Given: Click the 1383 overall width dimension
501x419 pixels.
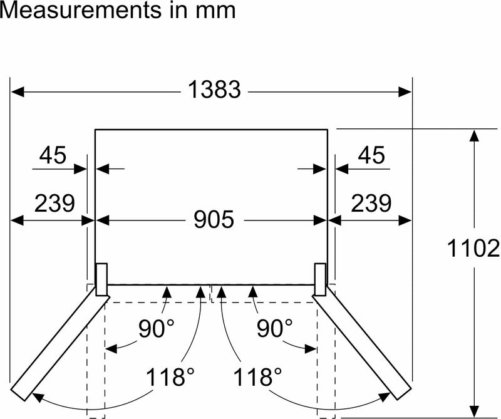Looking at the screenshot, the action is pyautogui.click(x=214, y=89).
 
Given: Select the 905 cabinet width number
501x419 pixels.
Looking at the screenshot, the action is pyautogui.click(x=214, y=219).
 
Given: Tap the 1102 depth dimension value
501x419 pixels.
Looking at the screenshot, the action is pyautogui.click(x=473, y=249).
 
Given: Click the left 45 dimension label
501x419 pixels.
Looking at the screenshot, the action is pyautogui.click(x=53, y=155).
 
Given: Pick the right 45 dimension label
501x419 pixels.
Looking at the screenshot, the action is pyautogui.click(x=371, y=155).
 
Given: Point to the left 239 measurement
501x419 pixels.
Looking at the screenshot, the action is pyautogui.click(x=54, y=203).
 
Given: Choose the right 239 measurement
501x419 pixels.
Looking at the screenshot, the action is pyautogui.click(x=371, y=203).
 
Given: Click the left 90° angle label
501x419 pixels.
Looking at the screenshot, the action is pyautogui.click(x=157, y=328).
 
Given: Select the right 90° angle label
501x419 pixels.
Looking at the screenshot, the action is pyautogui.click(x=275, y=328).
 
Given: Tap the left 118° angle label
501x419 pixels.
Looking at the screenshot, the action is pyautogui.click(x=170, y=376).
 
